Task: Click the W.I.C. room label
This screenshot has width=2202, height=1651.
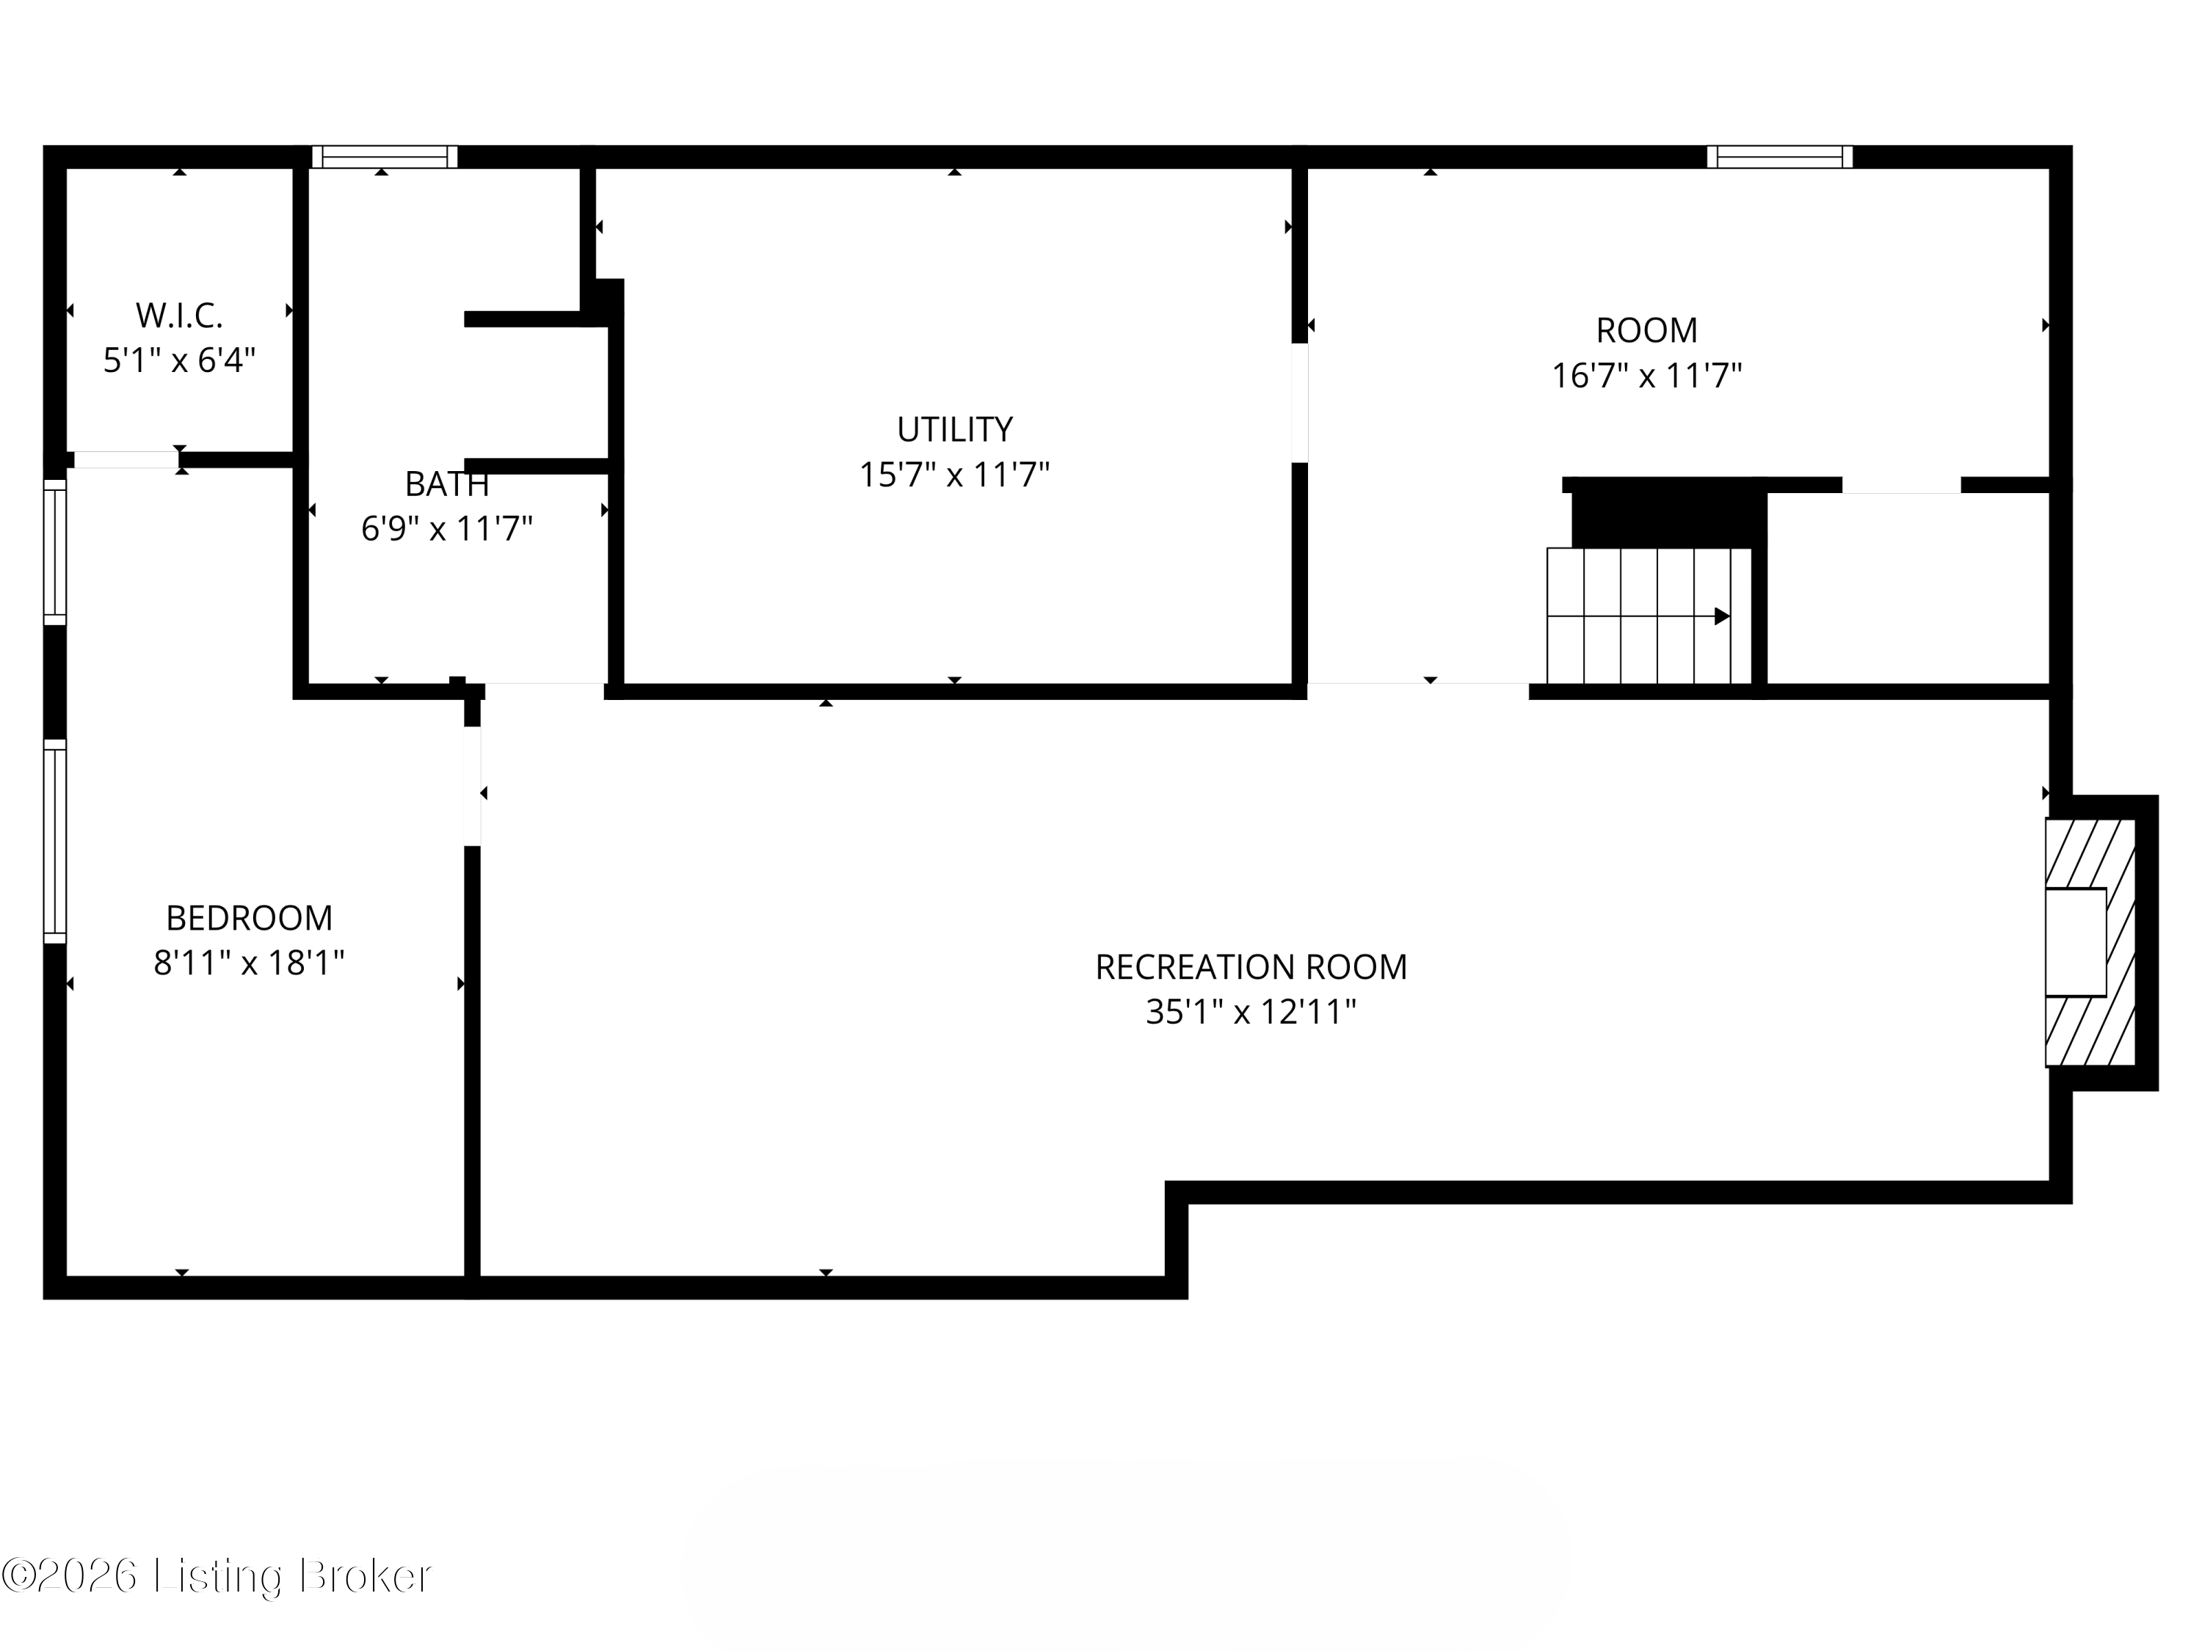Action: [x=179, y=316]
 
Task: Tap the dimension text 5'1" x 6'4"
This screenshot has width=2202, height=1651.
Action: [x=179, y=360]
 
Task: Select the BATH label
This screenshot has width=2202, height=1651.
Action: [x=446, y=484]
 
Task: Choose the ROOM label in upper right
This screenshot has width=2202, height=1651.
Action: [x=1646, y=330]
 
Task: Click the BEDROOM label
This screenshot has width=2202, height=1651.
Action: [x=249, y=917]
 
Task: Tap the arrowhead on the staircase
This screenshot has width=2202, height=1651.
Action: [x=1721, y=617]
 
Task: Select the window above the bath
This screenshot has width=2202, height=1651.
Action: [x=385, y=157]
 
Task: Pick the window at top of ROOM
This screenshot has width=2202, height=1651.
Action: [x=1779, y=157]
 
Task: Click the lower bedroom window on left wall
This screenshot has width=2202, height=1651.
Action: [x=55, y=841]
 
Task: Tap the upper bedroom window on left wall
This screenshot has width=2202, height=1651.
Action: [x=55, y=553]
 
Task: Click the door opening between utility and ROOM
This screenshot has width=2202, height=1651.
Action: [x=1299, y=403]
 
